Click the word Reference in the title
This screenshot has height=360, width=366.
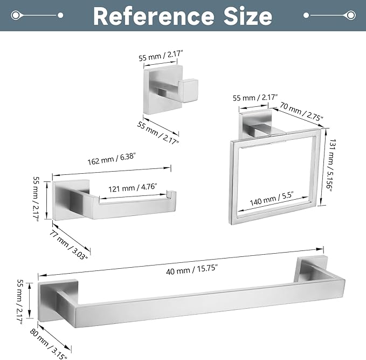(154, 16)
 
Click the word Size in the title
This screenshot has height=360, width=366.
(248, 16)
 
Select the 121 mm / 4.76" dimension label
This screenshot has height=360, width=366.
(133, 188)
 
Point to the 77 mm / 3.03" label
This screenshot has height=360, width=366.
(68, 244)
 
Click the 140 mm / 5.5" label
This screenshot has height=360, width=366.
(272, 199)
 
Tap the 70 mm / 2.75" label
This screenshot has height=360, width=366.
(301, 111)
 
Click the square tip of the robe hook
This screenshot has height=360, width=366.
(190, 91)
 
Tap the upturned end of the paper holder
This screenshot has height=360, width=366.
(171, 195)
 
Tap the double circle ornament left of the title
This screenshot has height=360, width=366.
(15, 16)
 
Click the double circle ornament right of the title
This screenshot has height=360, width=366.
(350, 16)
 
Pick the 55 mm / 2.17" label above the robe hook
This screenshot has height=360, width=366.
(161, 56)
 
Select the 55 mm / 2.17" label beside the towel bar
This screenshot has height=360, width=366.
(21, 302)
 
